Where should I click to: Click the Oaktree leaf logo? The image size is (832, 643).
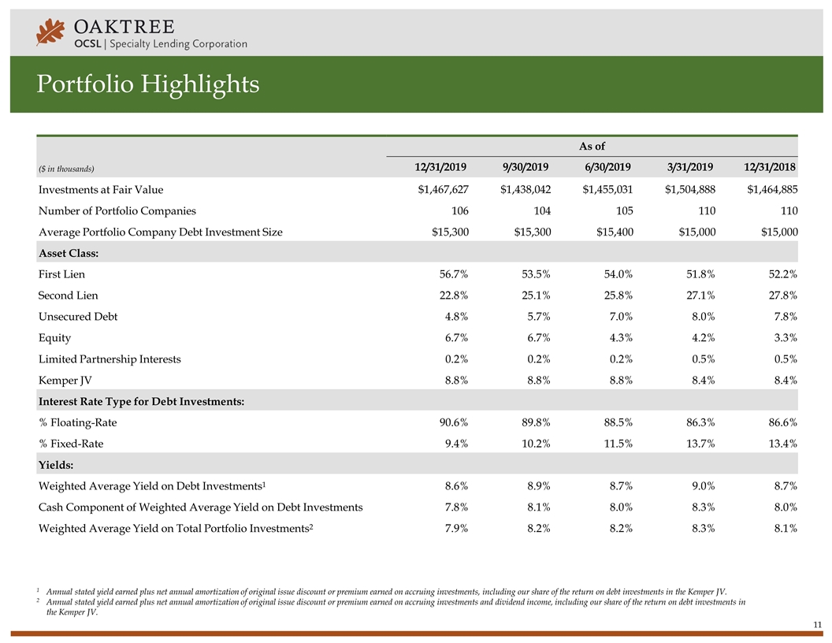[50, 32]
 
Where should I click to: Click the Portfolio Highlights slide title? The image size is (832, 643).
[148, 84]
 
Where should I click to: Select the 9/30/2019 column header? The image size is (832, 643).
[526, 167]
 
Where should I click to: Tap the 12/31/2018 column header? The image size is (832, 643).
[770, 167]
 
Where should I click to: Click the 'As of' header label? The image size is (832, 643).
[592, 146]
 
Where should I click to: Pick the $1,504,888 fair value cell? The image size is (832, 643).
[690, 189]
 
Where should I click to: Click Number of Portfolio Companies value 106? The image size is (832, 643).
[459, 210]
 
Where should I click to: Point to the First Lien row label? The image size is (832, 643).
[61, 274]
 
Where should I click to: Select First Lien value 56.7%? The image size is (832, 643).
[454, 274]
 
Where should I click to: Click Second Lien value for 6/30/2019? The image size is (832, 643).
[618, 295]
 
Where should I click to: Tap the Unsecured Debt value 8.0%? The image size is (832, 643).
[703, 317]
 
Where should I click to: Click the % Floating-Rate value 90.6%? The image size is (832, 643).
[454, 423]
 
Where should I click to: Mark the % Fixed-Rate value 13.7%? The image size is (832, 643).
[700, 444]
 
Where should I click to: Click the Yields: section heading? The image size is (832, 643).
[56, 465]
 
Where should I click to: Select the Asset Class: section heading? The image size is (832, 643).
[69, 253]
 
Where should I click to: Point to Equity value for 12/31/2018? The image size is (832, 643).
[786, 338]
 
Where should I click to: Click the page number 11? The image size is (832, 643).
[817, 624]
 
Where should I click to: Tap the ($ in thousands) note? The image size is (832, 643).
[66, 169]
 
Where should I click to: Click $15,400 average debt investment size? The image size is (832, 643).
[615, 232]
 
